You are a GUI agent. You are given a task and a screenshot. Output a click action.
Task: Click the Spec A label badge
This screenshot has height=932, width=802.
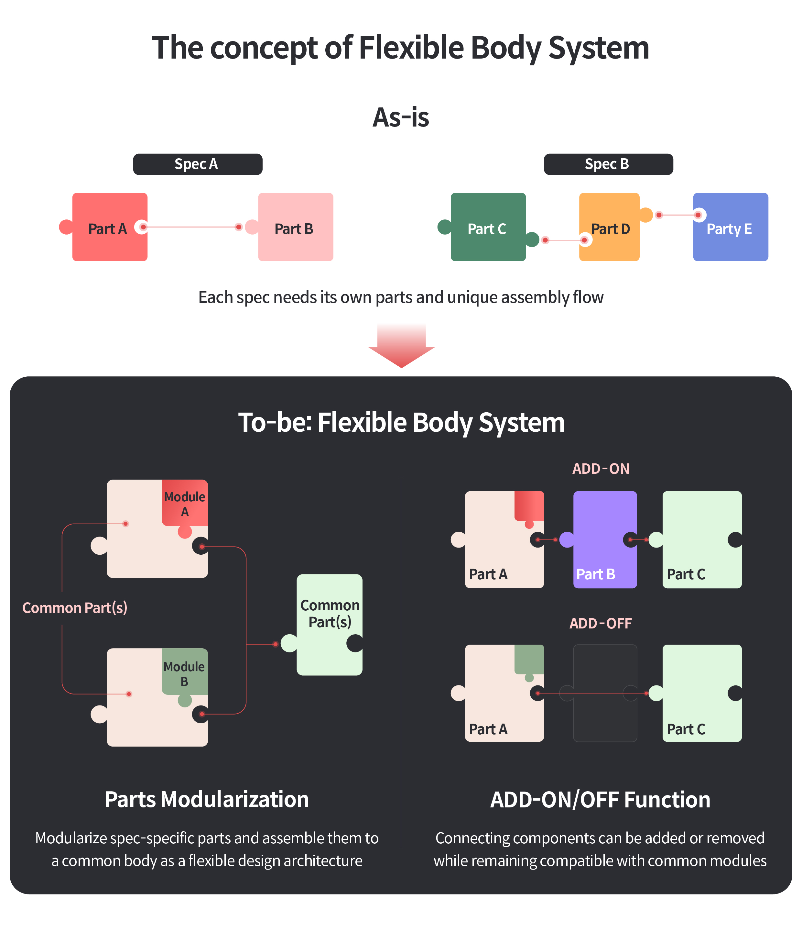(x=197, y=164)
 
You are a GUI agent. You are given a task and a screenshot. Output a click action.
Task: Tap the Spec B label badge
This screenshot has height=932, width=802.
(x=608, y=164)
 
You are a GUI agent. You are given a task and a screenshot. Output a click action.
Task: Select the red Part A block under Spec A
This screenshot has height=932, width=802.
(x=110, y=227)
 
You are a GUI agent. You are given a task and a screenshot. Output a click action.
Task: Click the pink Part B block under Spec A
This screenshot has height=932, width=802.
(x=295, y=227)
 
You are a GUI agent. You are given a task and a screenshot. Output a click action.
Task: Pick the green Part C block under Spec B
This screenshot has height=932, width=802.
(x=488, y=227)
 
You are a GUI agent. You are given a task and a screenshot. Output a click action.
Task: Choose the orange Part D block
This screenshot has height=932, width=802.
(x=609, y=227)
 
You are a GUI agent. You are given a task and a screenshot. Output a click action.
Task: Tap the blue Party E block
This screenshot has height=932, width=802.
(x=730, y=227)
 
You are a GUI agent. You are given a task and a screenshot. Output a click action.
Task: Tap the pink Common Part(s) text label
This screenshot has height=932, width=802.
(x=75, y=608)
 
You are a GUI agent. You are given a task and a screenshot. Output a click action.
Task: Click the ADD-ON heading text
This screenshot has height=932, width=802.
(x=601, y=469)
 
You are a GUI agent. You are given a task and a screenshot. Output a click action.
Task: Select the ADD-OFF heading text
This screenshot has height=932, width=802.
(x=601, y=623)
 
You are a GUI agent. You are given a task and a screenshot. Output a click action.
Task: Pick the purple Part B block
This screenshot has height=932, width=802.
(x=605, y=540)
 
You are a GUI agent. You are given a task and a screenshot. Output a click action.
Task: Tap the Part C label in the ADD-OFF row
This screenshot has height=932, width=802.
(x=686, y=729)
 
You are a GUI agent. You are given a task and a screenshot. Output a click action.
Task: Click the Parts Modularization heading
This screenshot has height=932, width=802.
(x=207, y=800)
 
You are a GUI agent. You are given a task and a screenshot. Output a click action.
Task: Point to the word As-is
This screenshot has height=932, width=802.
(x=401, y=117)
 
